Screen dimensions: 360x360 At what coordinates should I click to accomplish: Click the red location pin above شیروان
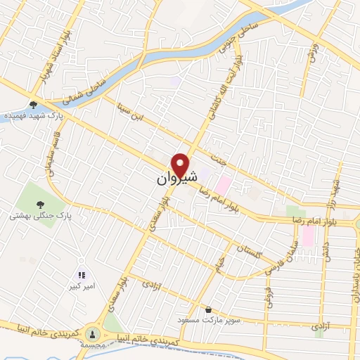coord(181,165)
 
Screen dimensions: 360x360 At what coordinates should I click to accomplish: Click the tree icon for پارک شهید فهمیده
coord(32,105)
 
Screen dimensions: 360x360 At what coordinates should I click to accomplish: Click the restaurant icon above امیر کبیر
coord(82,275)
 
